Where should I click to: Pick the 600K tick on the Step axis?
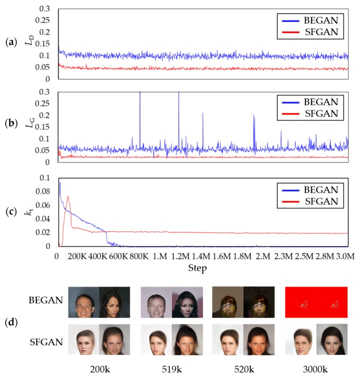(x=118, y=256)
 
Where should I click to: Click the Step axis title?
(x=198, y=268)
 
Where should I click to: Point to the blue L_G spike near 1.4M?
(x=202, y=113)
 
